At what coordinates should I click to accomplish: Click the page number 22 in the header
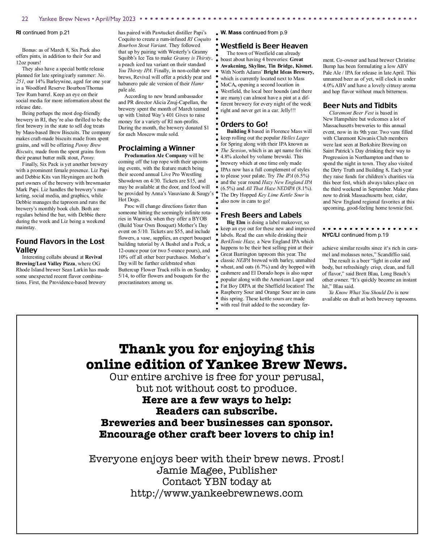click(25, 19)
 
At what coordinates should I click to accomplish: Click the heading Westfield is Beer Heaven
click(264, 46)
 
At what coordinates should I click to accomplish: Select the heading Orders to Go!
click(244, 124)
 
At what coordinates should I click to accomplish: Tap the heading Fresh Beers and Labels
click(261, 215)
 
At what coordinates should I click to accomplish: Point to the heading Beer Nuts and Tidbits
click(360, 106)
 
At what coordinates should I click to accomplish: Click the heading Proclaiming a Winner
click(156, 148)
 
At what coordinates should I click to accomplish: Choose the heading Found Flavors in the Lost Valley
click(60, 246)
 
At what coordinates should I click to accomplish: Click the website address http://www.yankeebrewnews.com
click(216, 493)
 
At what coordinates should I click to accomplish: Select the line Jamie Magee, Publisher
click(217, 470)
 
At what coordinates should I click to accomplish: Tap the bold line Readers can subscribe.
click(217, 411)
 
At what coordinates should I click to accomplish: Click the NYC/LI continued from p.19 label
click(355, 235)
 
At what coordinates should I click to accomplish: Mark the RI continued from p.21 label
click(43, 33)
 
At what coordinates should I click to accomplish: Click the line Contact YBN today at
click(217, 482)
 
